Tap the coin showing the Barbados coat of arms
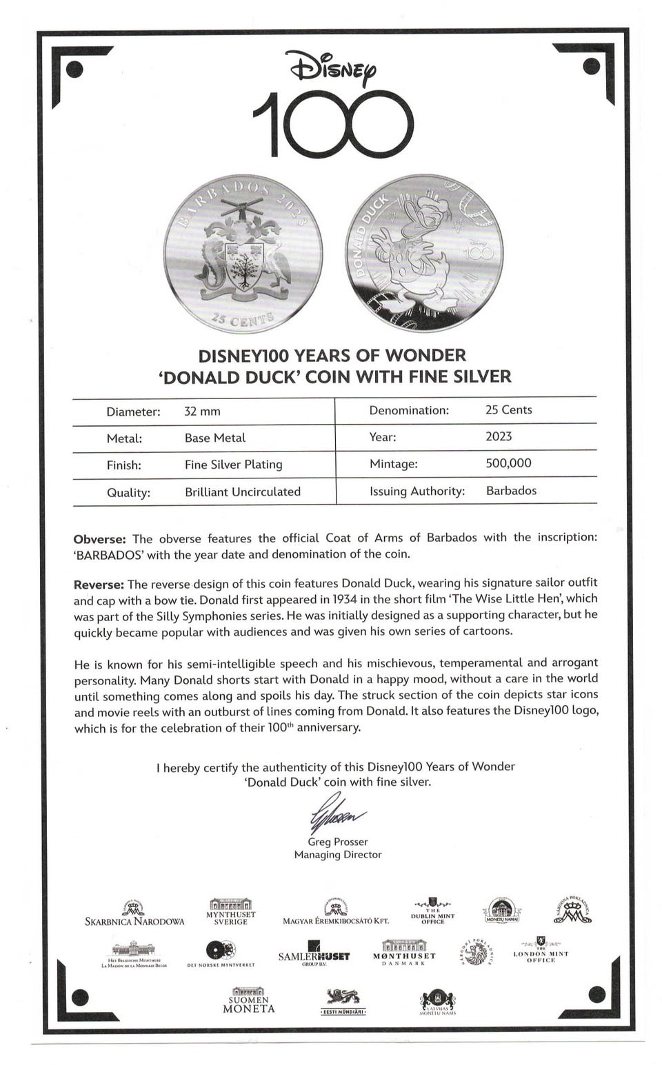(243, 254)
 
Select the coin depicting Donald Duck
(423, 254)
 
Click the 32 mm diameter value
(202, 412)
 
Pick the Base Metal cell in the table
(214, 438)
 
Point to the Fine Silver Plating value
(233, 465)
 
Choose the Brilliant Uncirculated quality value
(242, 491)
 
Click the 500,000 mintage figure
(508, 463)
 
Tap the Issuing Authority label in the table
(417, 491)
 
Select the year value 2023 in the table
(499, 436)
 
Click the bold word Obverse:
(99, 539)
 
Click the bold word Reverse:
(99, 585)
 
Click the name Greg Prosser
(337, 842)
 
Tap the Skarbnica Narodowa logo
(134, 914)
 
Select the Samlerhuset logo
(314, 954)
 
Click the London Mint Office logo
(541, 950)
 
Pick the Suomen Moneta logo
(249, 1000)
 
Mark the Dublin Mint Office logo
(432, 911)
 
